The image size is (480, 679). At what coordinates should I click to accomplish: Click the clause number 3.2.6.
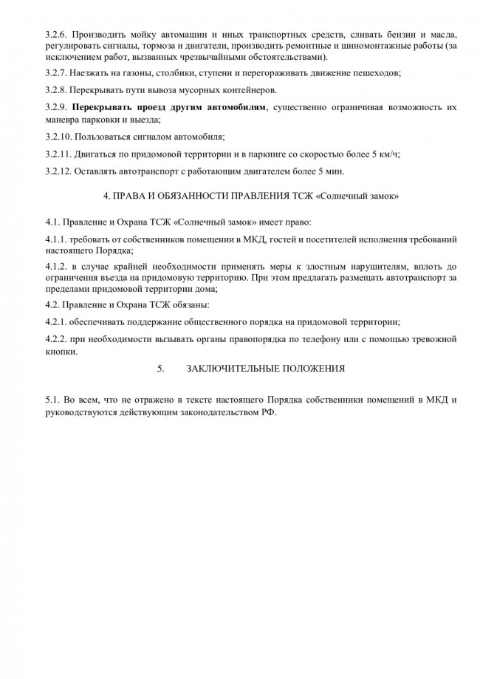click(56, 35)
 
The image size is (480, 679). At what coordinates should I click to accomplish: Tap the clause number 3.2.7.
click(56, 73)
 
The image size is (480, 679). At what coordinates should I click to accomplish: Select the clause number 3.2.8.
click(56, 90)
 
